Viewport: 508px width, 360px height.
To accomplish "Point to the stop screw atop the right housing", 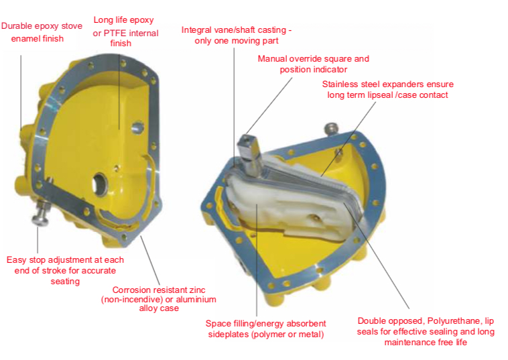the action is coord(331,128).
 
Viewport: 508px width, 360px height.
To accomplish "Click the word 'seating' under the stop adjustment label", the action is coord(65,282).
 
